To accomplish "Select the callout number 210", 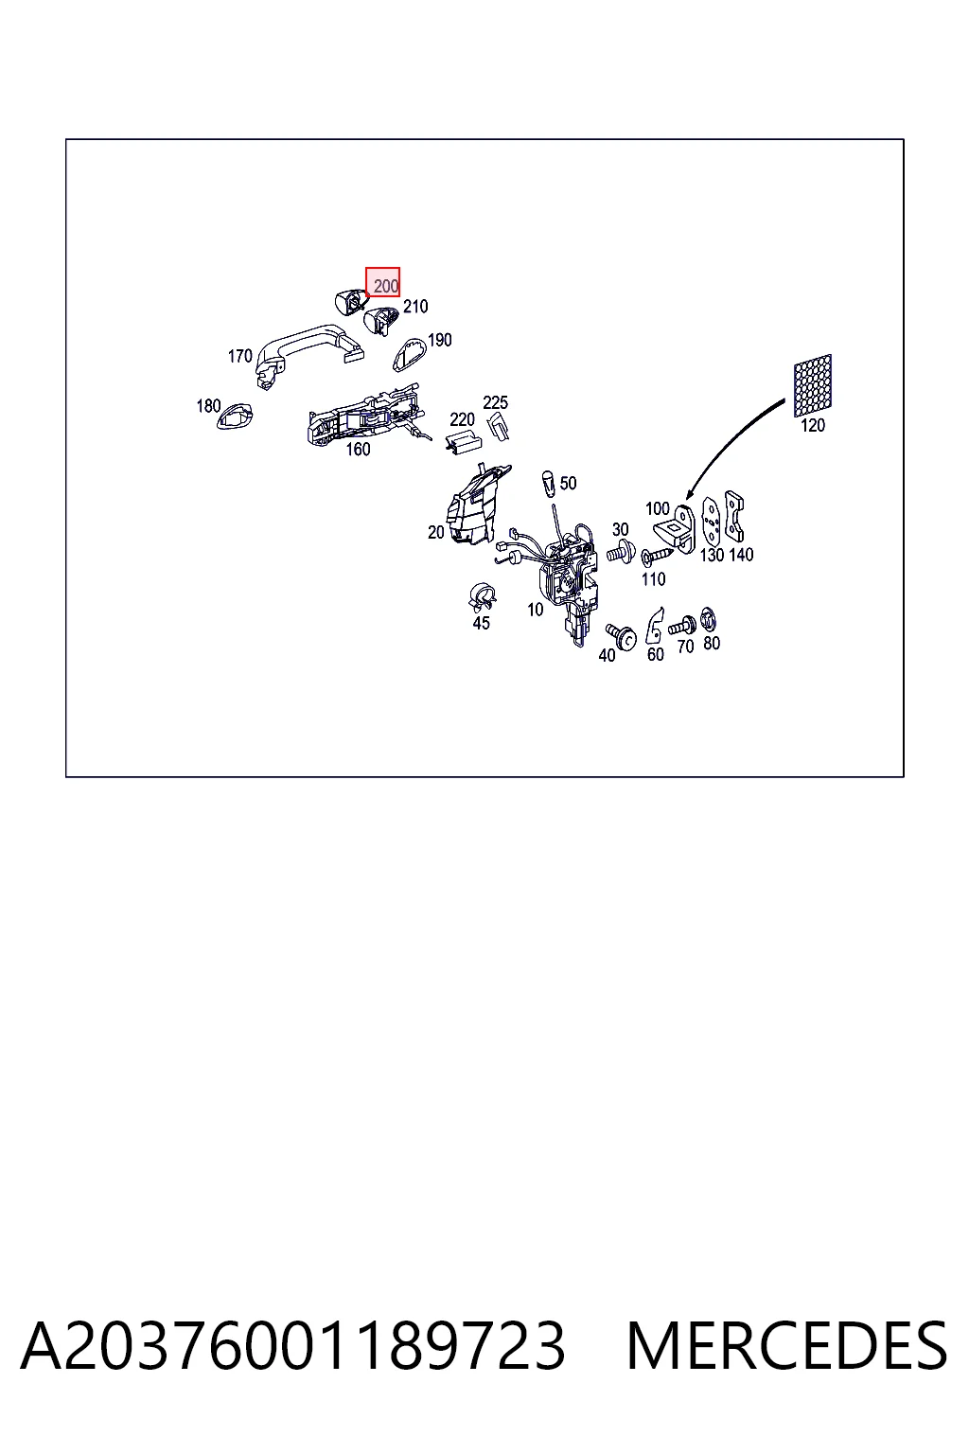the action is pyautogui.click(x=415, y=307).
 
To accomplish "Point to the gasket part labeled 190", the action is pyautogui.click(x=408, y=354).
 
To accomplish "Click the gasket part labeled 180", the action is pyautogui.click(x=234, y=417).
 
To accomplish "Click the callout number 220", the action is pyautogui.click(x=462, y=419).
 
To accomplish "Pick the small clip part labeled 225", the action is pyautogui.click(x=499, y=426).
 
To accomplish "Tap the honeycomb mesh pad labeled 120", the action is pyautogui.click(x=813, y=385).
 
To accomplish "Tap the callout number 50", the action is pyautogui.click(x=568, y=484).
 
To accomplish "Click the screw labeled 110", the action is pyautogui.click(x=657, y=557).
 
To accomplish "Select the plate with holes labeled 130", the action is pyautogui.click(x=712, y=523).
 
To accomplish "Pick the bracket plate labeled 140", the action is pyautogui.click(x=734, y=516).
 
